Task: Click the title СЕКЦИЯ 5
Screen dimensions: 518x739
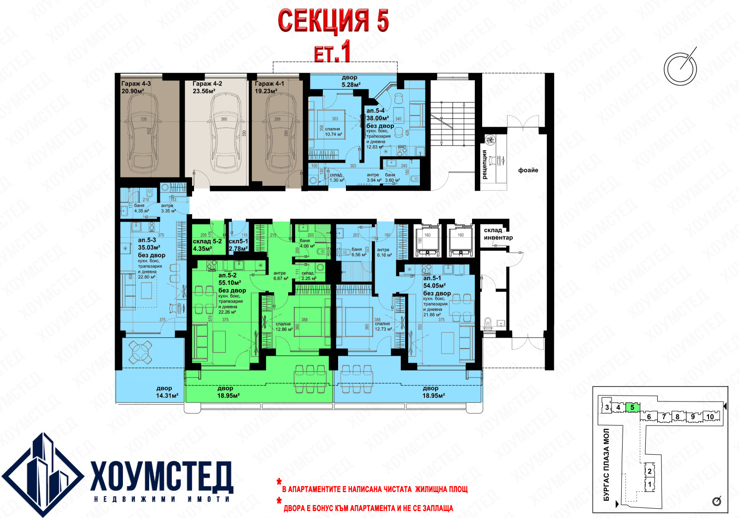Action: [x=333, y=21]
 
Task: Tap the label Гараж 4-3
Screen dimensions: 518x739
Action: [x=136, y=84]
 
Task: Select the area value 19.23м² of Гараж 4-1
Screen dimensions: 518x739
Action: [x=266, y=92]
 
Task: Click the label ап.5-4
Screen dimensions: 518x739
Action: [x=375, y=111]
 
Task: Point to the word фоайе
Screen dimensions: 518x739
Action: [x=528, y=170]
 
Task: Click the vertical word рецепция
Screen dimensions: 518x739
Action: [x=485, y=165]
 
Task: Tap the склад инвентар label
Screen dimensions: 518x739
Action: [x=497, y=234]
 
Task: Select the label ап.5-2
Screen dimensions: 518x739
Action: [x=227, y=275]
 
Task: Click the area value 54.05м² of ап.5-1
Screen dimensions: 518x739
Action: [x=434, y=286]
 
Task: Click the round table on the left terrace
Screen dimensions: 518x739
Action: [x=140, y=352]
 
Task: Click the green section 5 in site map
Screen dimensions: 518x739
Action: [x=632, y=407]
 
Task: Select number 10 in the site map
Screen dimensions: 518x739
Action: [x=710, y=417]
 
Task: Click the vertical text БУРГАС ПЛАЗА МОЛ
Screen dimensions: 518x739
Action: [x=606, y=464]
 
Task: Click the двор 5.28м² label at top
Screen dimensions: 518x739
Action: [x=351, y=81]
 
